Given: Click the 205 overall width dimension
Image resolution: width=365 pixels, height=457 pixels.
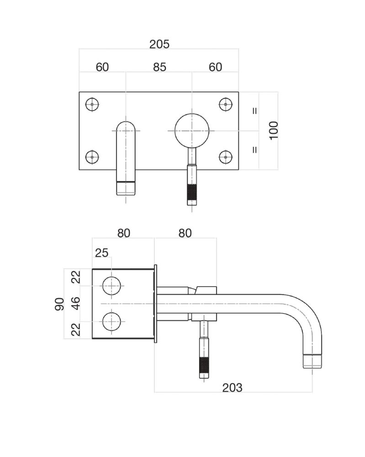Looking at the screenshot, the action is (x=159, y=44).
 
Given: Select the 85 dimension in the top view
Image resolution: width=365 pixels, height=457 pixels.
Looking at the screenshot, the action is (x=159, y=67).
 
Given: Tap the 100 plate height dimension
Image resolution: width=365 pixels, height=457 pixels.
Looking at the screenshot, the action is (x=274, y=131).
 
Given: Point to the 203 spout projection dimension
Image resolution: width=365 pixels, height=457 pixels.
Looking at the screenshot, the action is (x=232, y=388).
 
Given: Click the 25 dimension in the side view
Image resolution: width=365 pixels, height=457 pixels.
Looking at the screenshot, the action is (x=101, y=253).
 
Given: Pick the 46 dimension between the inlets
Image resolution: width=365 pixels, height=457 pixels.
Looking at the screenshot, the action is (x=75, y=303).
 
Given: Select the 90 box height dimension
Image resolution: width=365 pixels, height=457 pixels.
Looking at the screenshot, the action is (x=60, y=304).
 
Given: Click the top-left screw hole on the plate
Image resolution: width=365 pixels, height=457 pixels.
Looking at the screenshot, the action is (x=92, y=104).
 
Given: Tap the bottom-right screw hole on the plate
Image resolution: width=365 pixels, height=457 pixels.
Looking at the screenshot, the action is (x=226, y=157).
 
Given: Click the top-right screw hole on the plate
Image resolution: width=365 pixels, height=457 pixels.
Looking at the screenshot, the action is (x=226, y=104).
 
